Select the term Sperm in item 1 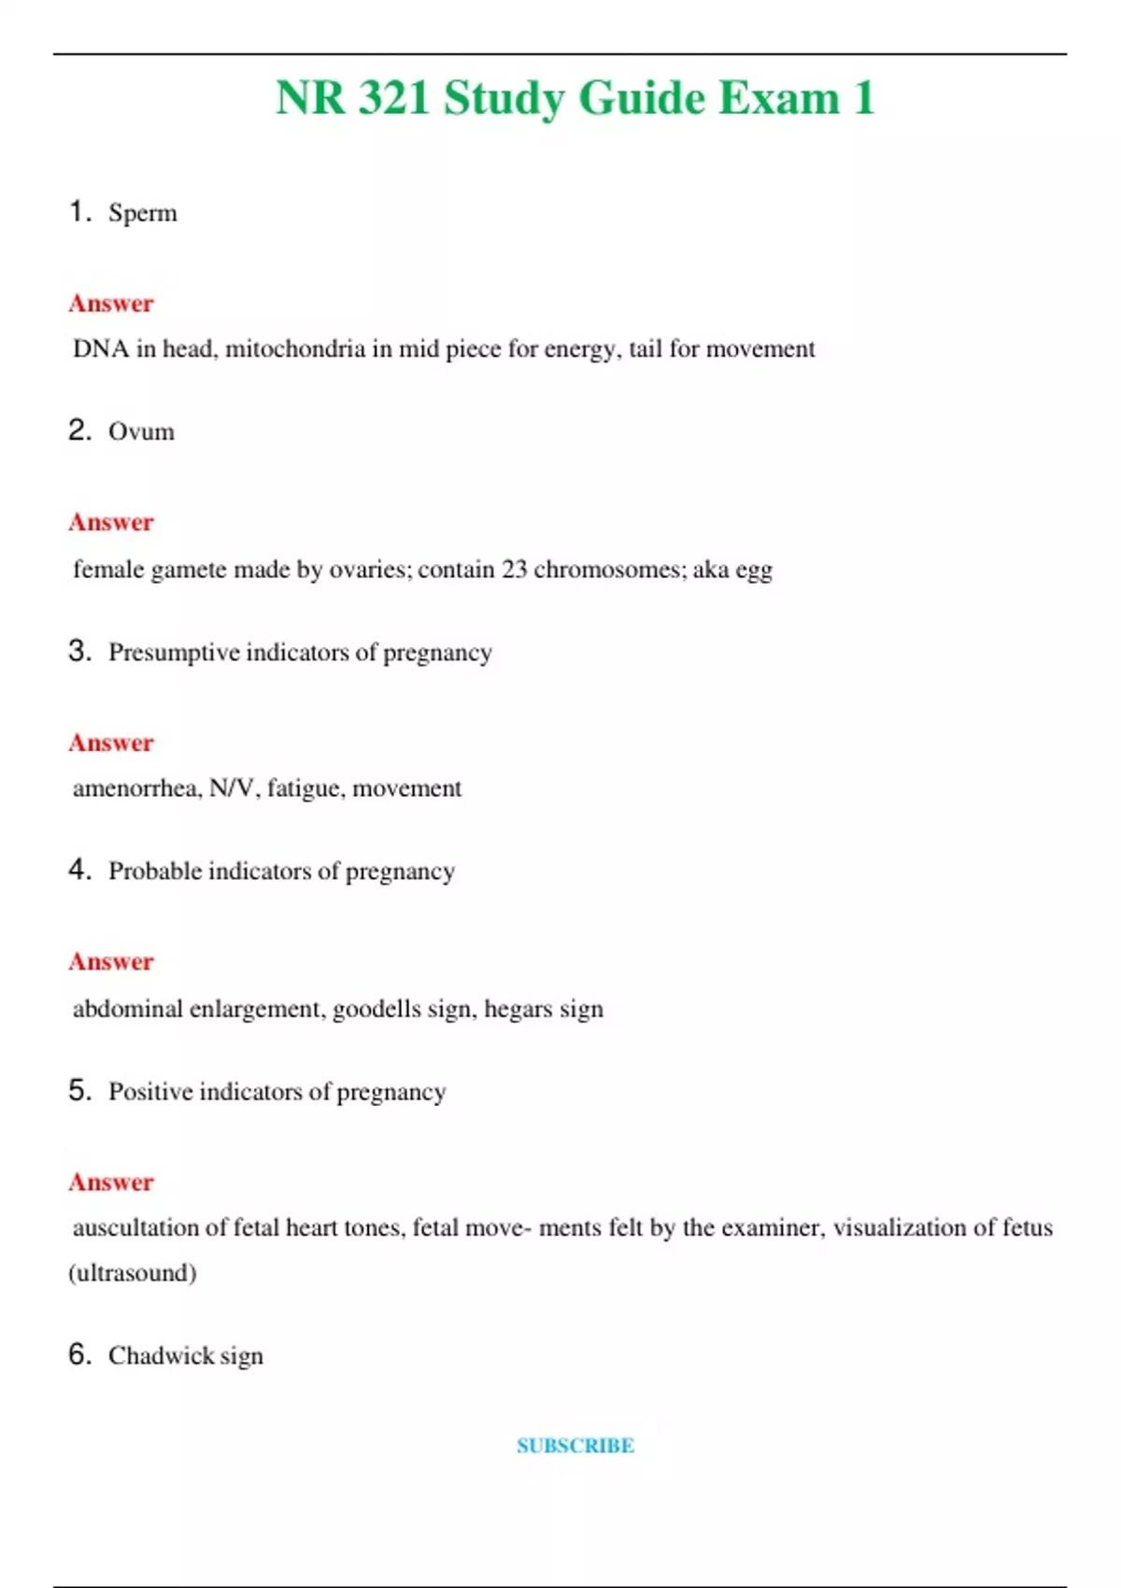click(x=142, y=213)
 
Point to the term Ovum click(x=141, y=432)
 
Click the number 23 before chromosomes click(x=514, y=570)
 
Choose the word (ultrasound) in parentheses click(x=133, y=1273)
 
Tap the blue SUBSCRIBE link click(x=575, y=1446)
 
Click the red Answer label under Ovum click(x=111, y=522)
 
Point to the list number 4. click(x=78, y=870)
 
